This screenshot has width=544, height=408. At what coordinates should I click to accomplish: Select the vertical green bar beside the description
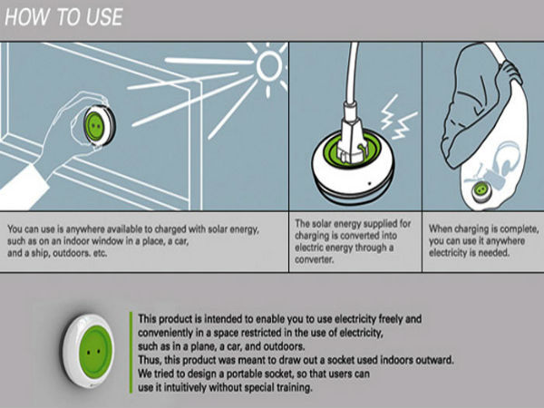[x=130, y=355]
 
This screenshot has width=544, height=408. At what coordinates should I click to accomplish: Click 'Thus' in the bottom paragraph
[x=150, y=358]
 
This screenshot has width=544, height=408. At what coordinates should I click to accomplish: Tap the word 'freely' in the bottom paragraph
[x=366, y=317]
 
